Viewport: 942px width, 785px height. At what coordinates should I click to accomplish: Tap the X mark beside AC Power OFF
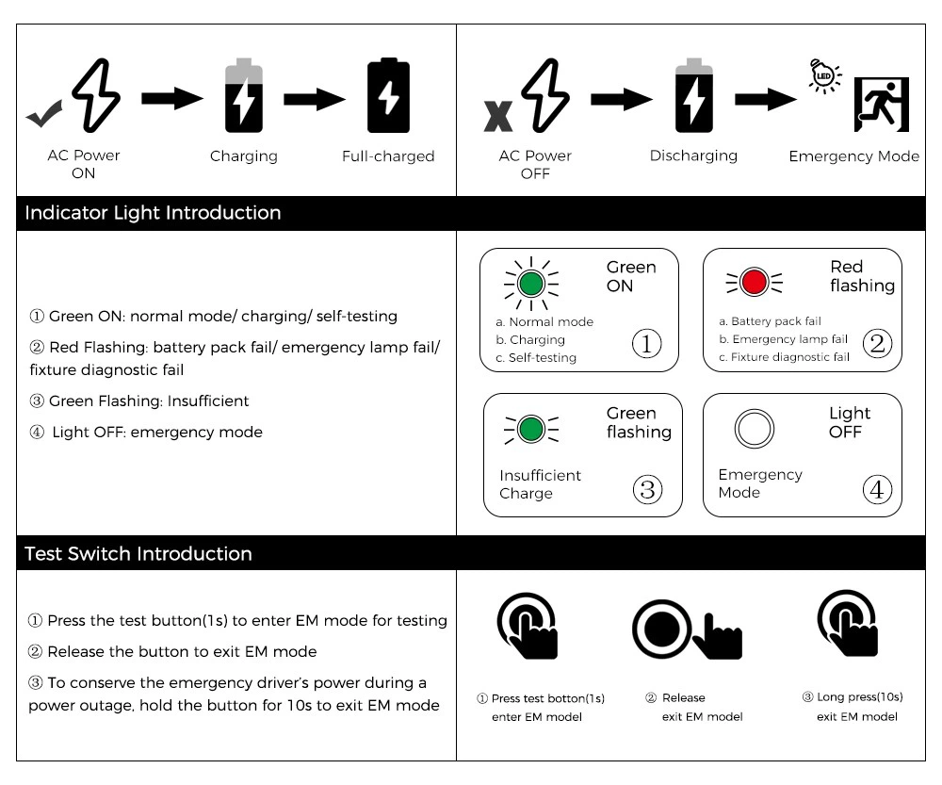click(x=498, y=115)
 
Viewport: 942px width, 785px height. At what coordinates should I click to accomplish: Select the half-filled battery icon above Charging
click(x=244, y=96)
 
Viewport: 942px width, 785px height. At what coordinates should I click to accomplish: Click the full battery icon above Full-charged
click(x=388, y=96)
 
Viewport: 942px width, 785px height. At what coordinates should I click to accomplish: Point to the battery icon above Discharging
click(x=694, y=96)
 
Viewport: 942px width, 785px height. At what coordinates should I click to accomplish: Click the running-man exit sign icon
click(x=881, y=105)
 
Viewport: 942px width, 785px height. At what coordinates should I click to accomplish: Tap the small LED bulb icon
click(x=825, y=75)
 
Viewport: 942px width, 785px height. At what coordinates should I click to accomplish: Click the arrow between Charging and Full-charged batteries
click(x=315, y=98)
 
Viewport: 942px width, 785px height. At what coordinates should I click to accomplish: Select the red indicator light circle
click(x=754, y=282)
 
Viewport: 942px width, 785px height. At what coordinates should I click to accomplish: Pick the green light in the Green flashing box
click(x=532, y=430)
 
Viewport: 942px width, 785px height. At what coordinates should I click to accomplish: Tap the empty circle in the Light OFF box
click(x=754, y=430)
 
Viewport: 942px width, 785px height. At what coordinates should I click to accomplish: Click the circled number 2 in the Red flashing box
click(x=877, y=344)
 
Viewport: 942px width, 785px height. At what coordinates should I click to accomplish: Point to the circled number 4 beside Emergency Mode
click(x=877, y=490)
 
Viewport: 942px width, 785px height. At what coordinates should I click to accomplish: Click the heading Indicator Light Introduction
click(x=153, y=213)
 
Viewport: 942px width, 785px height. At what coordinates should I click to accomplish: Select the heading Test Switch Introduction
click(x=138, y=554)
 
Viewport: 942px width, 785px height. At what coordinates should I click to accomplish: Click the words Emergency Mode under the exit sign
click(x=853, y=156)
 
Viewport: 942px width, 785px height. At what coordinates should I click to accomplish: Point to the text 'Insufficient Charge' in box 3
click(x=540, y=484)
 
